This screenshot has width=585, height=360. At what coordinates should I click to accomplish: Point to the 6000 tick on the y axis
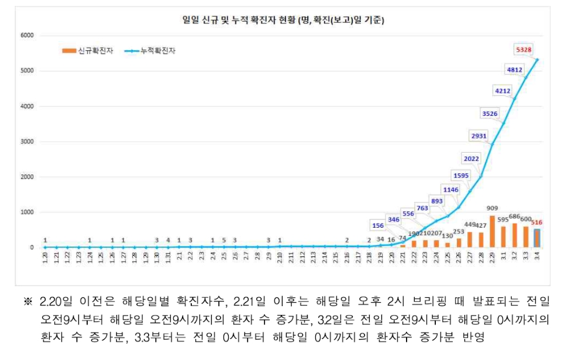[x=28, y=36]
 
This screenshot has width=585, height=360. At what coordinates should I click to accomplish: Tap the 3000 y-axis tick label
[x=28, y=142]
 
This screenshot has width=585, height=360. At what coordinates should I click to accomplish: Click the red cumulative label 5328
[x=524, y=49]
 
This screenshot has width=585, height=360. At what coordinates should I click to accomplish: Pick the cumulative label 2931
[x=478, y=136]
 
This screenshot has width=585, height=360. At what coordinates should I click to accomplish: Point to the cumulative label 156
[x=378, y=226]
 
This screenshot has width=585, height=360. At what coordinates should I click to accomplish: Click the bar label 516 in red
[x=536, y=222]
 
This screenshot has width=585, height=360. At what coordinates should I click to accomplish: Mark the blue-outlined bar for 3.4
[x=537, y=238]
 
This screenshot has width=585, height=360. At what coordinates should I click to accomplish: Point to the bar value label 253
[x=458, y=232]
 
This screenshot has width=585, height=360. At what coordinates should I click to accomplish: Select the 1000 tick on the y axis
[x=28, y=212]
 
